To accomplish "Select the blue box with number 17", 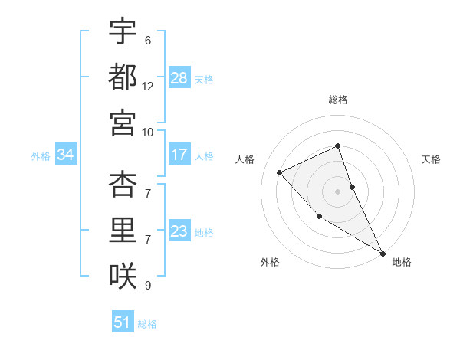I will (179, 155).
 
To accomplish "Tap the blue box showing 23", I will (179, 231).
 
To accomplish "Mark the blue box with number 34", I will (66, 155).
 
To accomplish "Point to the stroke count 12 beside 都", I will (148, 87).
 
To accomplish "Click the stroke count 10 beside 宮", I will (148, 131).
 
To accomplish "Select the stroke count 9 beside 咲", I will (148, 286).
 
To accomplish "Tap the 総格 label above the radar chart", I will (338, 100).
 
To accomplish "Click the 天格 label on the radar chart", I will (432, 159).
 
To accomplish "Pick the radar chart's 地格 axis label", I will (402, 262).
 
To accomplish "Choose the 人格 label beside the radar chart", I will (245, 159).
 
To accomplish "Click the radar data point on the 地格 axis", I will (383, 253).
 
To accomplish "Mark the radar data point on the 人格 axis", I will (280, 172).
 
